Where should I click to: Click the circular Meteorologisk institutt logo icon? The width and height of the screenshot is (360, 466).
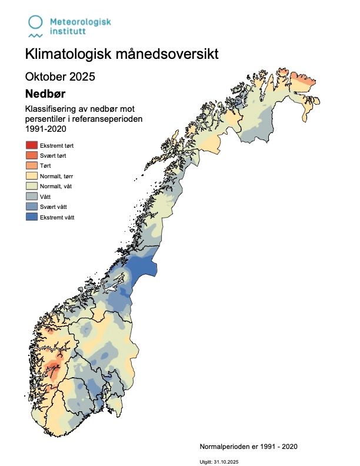(36, 22)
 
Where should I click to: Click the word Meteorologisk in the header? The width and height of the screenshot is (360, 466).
(80, 22)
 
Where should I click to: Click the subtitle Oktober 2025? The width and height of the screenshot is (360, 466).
(60, 76)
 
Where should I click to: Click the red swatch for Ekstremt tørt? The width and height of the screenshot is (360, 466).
(31, 145)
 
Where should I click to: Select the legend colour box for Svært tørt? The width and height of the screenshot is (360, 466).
(31, 155)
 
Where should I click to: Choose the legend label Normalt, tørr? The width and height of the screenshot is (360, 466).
(57, 176)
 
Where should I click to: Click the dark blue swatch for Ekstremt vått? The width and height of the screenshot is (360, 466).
(31, 217)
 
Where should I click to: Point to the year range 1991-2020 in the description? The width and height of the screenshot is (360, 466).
(45, 129)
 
